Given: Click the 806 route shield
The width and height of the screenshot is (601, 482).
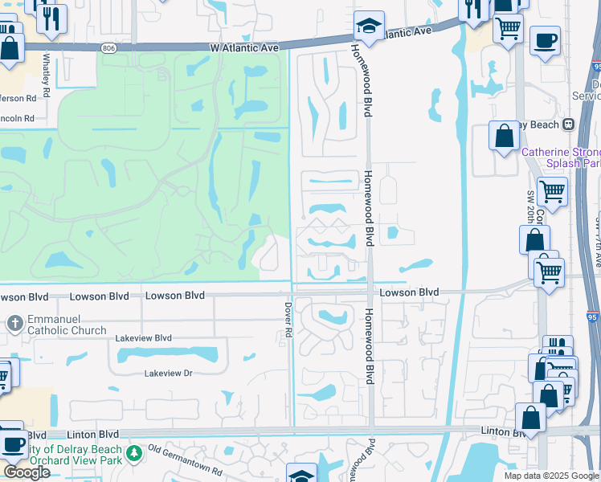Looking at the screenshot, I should (108, 48).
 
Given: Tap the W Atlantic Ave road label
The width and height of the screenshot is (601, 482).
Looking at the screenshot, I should (245, 48).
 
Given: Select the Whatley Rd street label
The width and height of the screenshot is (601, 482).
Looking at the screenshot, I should (47, 75).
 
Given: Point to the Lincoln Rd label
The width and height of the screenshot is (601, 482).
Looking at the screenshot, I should (18, 118).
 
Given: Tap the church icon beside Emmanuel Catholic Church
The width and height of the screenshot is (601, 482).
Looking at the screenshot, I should (14, 324).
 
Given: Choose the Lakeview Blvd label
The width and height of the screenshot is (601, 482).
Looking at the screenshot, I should (144, 338).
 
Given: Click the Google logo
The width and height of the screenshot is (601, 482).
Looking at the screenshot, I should (26, 472).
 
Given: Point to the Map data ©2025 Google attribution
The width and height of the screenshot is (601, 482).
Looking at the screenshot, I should (550, 476).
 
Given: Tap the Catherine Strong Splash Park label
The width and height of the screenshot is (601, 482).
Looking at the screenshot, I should (562, 157).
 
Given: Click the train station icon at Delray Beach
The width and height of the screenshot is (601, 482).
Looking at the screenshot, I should (569, 125).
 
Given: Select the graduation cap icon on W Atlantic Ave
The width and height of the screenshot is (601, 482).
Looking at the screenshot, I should (369, 27).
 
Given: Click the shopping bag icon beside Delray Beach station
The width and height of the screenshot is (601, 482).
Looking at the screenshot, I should (505, 136).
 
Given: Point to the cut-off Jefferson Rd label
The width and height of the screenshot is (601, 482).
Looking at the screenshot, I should (18, 98).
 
